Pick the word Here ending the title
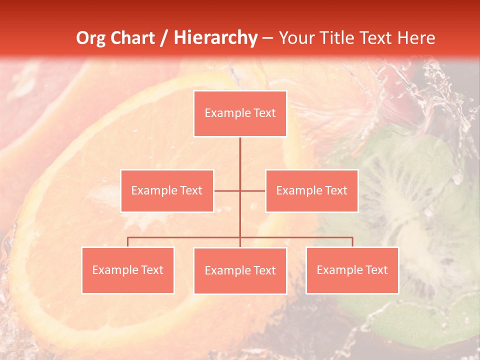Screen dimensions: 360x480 416,38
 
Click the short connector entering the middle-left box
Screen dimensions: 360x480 226,190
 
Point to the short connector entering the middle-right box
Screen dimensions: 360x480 253,190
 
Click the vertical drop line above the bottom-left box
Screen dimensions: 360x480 128,242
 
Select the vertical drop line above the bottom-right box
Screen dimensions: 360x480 352,242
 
